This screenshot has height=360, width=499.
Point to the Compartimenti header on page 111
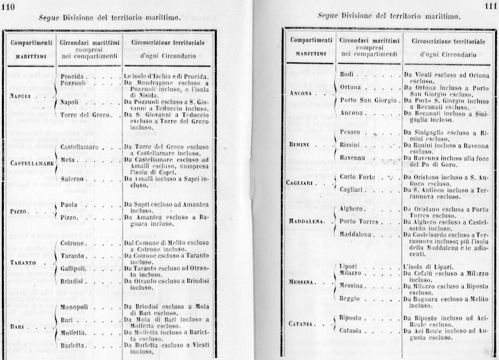point(310,40)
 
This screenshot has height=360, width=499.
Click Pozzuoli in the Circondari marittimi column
point(74,83)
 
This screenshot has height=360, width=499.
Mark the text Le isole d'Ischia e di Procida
point(166,76)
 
